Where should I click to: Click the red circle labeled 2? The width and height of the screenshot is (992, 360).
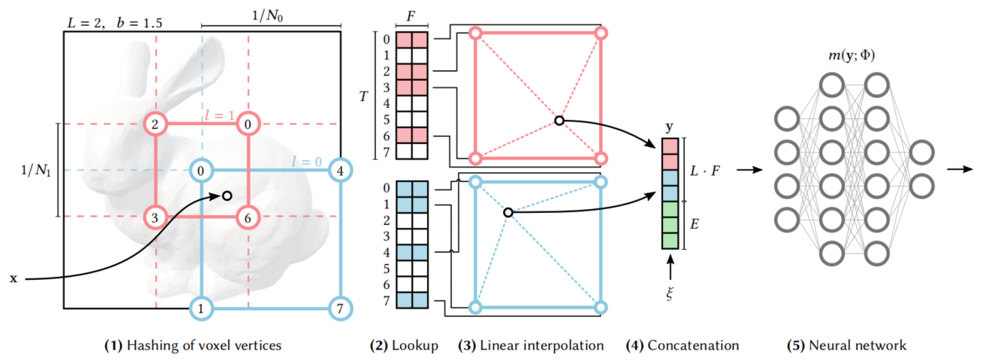(155, 124)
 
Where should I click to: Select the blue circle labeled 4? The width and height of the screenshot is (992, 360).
(340, 170)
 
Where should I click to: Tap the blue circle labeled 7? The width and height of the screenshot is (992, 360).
(340, 308)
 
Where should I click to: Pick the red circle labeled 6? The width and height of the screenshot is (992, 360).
(248, 217)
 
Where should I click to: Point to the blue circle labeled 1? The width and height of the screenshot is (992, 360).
(201, 308)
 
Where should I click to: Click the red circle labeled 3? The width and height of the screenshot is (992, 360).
(155, 217)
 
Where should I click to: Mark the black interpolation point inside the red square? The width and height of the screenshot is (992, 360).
(558, 120)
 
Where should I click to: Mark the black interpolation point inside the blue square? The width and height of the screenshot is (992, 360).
(508, 214)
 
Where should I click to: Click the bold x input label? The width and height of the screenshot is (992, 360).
(13, 278)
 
